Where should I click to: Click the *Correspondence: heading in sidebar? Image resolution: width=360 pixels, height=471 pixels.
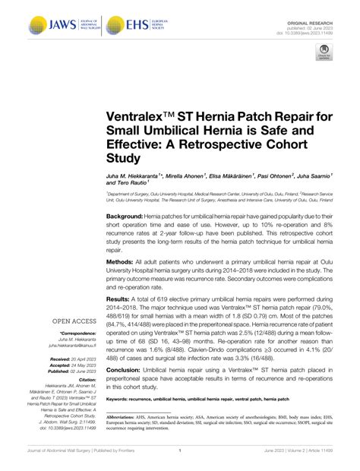(74, 336)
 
